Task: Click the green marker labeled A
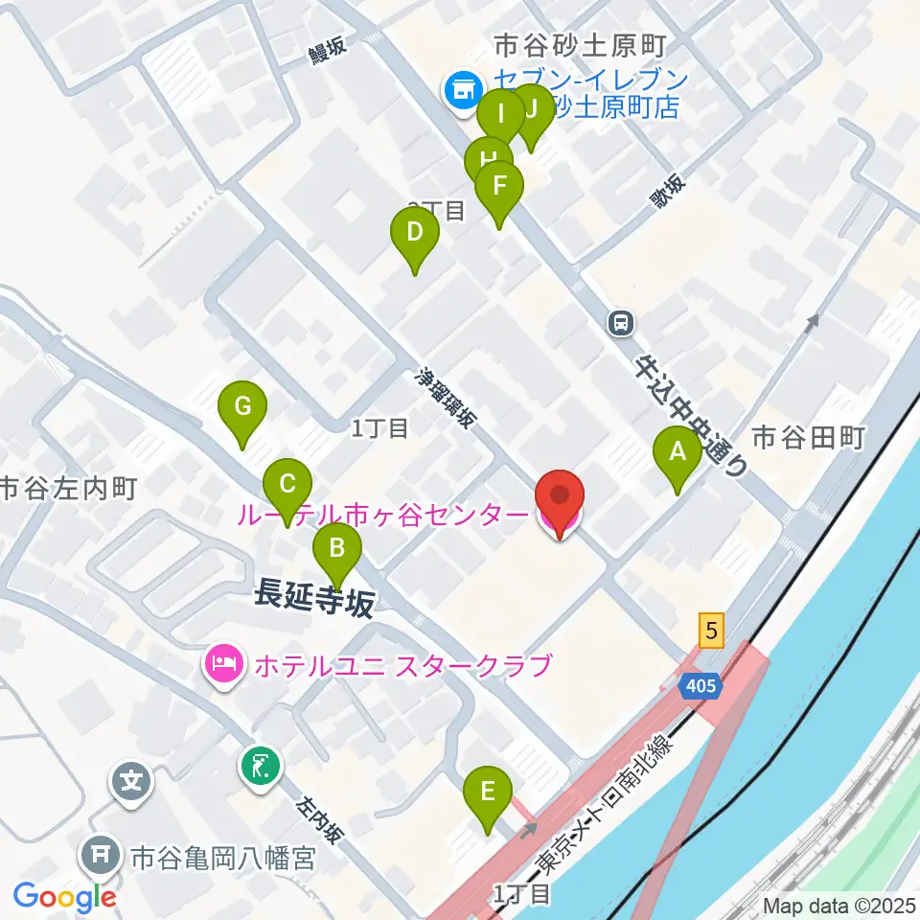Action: pyautogui.click(x=678, y=452)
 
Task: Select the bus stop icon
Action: pyautogui.click(x=622, y=323)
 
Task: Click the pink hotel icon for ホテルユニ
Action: pyautogui.click(x=224, y=663)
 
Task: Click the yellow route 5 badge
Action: pyautogui.click(x=710, y=630)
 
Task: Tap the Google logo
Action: pyautogui.click(x=65, y=896)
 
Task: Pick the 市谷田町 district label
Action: pyautogui.click(x=808, y=438)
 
